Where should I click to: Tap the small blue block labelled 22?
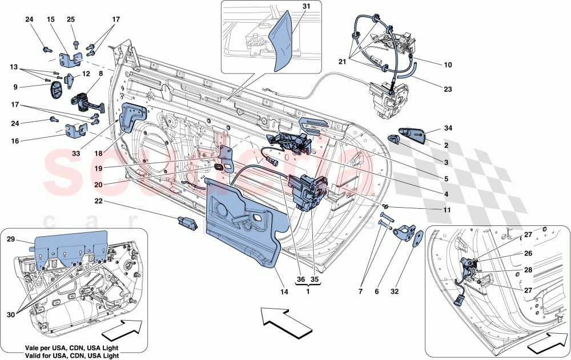click(x=186, y=220)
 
